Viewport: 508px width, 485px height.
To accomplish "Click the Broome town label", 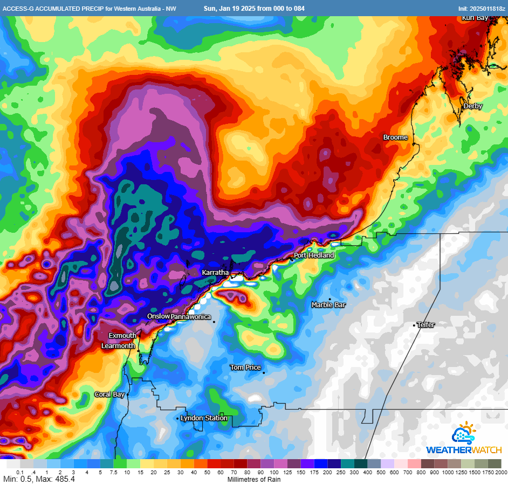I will tap(395, 137).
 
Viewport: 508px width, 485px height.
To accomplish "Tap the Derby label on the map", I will tap(472, 106).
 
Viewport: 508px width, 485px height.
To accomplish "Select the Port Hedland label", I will tap(314, 255).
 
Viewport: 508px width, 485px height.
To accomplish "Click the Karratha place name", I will tap(215, 273).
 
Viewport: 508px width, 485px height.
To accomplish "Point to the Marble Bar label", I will tap(328, 305).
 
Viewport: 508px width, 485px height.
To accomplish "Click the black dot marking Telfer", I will tap(414, 325).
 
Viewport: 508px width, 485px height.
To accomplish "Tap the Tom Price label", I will tap(245, 368).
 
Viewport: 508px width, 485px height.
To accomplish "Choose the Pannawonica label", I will tap(191, 317).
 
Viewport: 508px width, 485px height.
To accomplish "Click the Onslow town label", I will tap(159, 316).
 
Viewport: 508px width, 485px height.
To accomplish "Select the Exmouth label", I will tap(122, 336).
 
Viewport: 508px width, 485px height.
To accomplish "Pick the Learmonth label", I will tap(118, 346).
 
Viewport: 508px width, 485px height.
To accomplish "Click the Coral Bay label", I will tap(109, 394).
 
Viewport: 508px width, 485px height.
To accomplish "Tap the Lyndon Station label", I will tap(204, 418).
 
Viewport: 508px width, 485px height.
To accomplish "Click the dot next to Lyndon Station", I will tap(177, 418).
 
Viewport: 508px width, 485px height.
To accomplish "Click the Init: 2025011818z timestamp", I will tap(482, 9).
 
